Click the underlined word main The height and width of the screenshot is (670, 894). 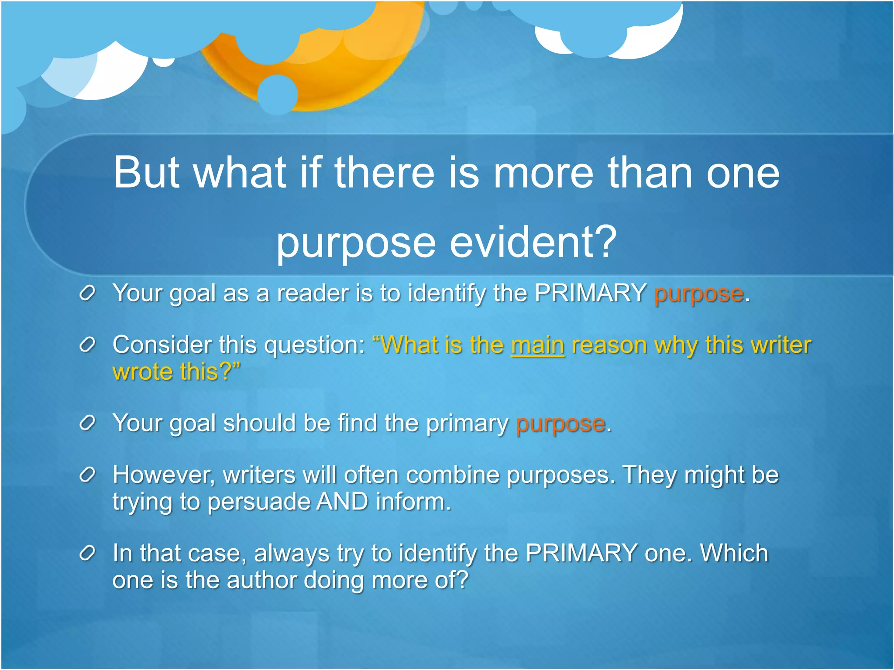tap(537, 345)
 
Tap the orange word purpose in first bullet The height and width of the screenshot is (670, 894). tap(698, 294)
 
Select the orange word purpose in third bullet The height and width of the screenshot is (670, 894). tap(560, 424)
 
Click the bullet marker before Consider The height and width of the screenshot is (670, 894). tap(87, 345)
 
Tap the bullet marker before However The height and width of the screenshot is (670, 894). tap(87, 475)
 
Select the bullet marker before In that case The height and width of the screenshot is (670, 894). tap(87, 554)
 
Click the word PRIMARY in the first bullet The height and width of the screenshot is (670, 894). tap(590, 293)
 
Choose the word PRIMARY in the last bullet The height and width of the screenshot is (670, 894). tap(581, 554)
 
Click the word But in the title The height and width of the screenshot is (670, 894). tap(146, 173)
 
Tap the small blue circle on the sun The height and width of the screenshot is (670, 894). tap(278, 95)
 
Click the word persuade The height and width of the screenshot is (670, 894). tap(258, 502)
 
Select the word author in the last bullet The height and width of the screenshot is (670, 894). tap(261, 581)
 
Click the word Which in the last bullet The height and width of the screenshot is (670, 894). tap(734, 554)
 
